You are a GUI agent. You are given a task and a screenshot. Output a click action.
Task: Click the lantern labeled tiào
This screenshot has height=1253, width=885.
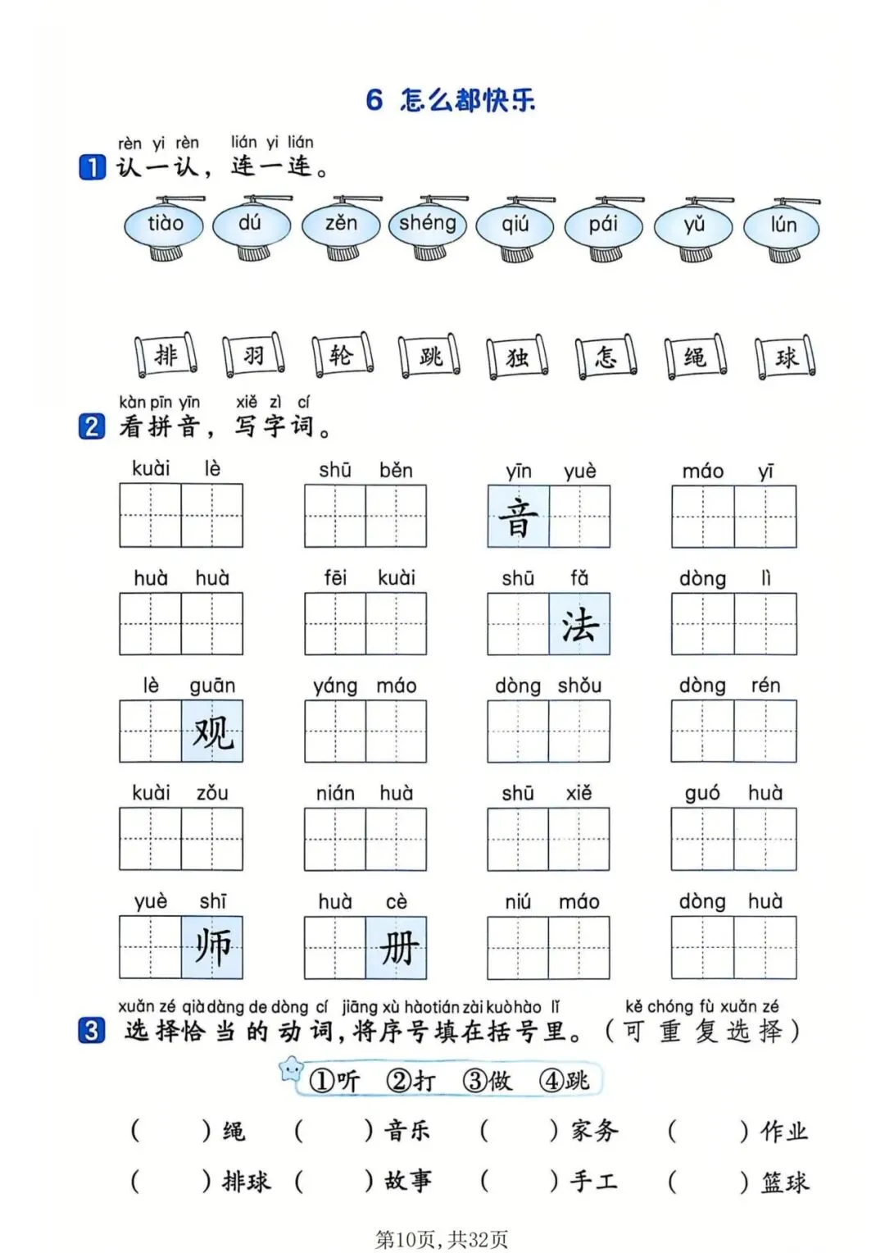(x=165, y=225)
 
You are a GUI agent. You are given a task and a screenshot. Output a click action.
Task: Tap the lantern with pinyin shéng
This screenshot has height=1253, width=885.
(x=427, y=224)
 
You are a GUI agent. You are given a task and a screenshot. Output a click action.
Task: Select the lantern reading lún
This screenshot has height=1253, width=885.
(x=783, y=226)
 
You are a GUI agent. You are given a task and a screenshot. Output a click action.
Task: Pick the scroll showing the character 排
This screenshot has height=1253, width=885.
(x=166, y=355)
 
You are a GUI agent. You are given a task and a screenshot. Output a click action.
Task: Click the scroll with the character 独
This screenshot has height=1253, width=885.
(x=517, y=358)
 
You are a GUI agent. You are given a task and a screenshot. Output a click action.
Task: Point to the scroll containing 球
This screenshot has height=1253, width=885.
(x=786, y=358)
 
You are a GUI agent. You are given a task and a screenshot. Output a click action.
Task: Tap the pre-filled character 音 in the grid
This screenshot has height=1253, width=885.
(x=518, y=517)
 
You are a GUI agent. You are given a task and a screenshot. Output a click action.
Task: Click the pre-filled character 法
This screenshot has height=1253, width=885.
(x=579, y=624)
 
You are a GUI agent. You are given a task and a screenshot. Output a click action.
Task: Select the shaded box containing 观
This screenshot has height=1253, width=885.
(x=212, y=731)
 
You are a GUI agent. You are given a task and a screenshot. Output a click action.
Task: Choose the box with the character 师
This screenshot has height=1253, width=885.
(x=212, y=947)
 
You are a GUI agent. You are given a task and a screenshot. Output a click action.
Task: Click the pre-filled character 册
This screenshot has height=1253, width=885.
(x=397, y=948)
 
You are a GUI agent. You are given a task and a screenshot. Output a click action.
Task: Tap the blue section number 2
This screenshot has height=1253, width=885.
(x=92, y=426)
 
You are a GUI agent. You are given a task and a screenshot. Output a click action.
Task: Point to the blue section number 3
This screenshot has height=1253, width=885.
(x=92, y=1030)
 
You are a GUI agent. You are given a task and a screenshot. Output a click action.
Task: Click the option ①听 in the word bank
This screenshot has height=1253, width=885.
(x=334, y=1081)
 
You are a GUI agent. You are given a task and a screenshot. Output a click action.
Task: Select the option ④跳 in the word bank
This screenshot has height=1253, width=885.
(x=565, y=1081)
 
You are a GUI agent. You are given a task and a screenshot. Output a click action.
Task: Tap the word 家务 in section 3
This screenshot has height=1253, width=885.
(x=595, y=1132)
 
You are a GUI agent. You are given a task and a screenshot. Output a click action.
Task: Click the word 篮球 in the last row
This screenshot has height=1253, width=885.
(x=785, y=1182)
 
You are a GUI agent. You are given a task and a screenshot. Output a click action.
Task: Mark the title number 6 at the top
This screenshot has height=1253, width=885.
(x=374, y=100)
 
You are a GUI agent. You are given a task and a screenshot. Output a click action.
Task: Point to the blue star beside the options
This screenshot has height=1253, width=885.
(x=291, y=1068)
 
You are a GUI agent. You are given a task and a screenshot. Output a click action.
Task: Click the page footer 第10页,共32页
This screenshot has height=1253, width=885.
(x=442, y=1238)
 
